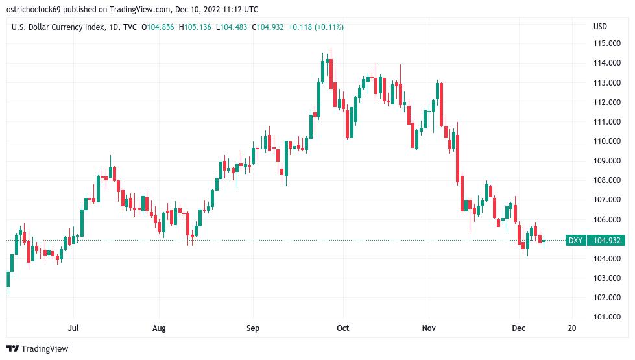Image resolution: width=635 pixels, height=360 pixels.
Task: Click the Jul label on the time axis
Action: [73, 328]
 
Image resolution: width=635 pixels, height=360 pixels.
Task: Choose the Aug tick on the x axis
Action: [159, 328]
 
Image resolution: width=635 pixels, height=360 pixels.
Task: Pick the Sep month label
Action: [253, 328]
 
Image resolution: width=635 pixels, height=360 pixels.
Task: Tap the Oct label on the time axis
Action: [343, 328]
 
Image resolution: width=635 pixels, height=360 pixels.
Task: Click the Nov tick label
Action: [429, 328]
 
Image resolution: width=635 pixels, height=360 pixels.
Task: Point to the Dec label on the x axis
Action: [518, 328]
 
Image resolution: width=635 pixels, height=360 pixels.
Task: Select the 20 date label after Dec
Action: [571, 328]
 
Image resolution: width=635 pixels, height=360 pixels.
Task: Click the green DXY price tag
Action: [575, 241]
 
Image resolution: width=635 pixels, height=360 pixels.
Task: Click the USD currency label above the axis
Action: [600, 27]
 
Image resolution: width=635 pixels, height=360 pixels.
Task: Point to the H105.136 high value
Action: [196, 27]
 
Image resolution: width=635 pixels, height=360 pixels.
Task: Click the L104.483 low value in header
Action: [233, 27]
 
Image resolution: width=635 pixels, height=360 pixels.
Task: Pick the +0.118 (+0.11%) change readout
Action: [316, 27]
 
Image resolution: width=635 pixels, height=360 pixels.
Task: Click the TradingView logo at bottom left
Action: [37, 348]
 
